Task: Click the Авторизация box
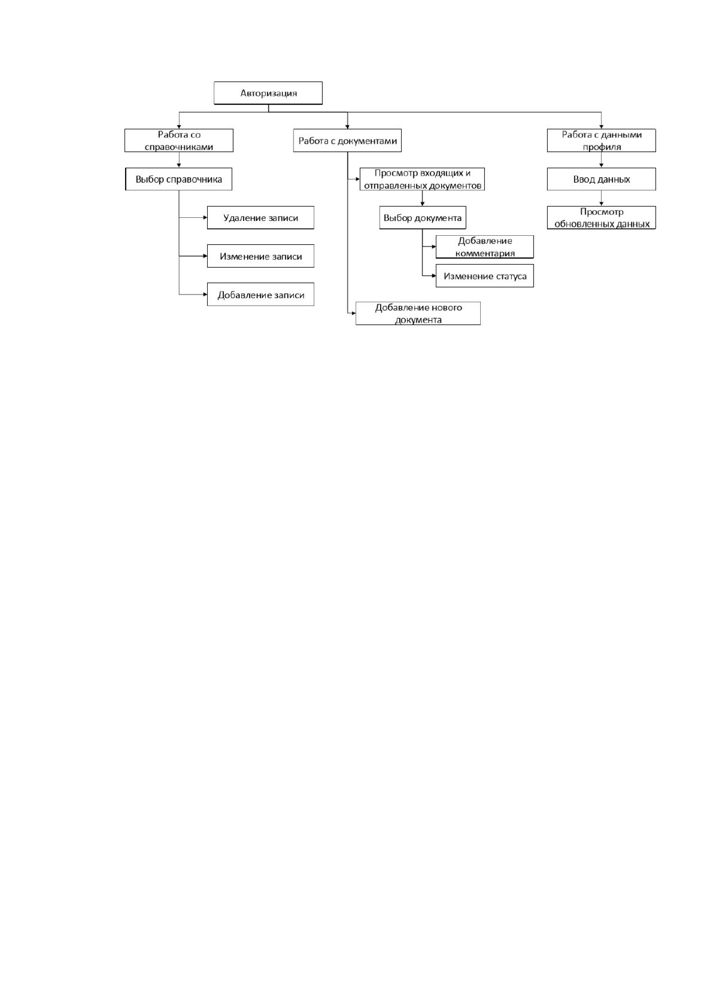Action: coord(268,93)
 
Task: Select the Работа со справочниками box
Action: coord(179,141)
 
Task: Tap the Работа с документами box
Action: coord(347,141)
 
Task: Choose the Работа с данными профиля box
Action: coord(601,141)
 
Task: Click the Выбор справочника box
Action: coord(179,179)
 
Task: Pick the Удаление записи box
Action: coord(260,218)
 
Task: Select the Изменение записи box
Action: coord(260,256)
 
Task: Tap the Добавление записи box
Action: coord(260,294)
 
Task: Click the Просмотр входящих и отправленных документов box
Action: coord(422,179)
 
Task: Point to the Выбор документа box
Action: coord(422,218)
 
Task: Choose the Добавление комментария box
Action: coord(485,247)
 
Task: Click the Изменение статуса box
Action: coord(485,275)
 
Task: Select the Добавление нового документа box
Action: coord(418,313)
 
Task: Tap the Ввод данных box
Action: coord(601,179)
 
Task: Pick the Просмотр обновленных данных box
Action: coord(601,218)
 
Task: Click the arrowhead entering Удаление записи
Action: coord(205,218)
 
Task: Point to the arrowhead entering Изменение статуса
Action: coord(434,275)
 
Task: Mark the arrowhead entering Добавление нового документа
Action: coord(354,313)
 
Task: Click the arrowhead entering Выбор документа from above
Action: coord(422,204)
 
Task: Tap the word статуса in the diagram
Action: coord(509,276)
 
